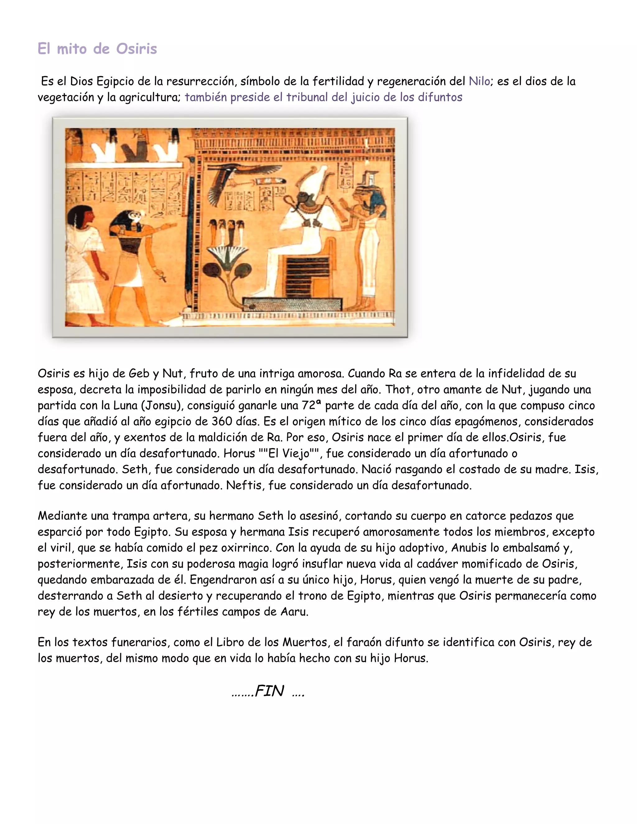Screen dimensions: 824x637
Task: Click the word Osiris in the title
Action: tap(136, 49)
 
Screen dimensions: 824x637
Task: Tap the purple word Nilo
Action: tap(479, 81)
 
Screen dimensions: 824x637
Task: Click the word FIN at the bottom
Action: tap(269, 691)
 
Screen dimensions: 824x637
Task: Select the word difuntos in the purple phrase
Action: tap(440, 97)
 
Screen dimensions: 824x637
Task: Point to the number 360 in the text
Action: tap(222, 421)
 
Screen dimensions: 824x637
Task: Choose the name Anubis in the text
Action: tap(467, 548)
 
